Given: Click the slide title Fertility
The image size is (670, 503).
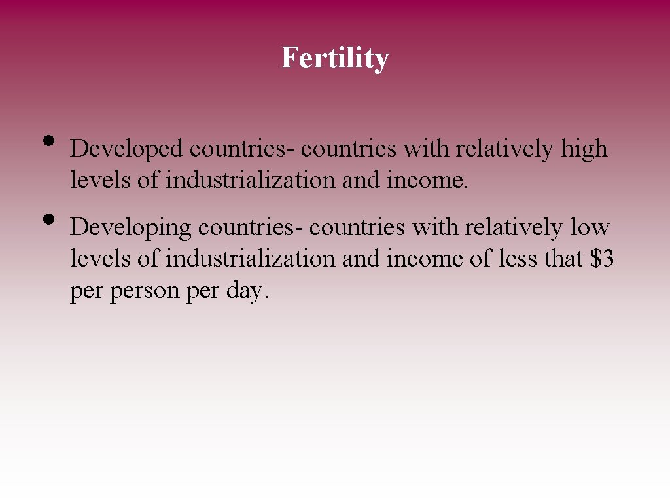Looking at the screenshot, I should tap(334, 58).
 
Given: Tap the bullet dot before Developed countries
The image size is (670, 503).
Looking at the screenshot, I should tap(48, 141).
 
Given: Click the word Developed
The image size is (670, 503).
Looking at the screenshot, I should tap(127, 149).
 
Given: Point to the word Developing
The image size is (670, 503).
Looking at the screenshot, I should tap(131, 228).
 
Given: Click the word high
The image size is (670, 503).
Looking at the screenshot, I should tap(584, 149).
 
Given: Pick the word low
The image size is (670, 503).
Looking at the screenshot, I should tap(590, 228).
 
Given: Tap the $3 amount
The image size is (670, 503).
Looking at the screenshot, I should tap(601, 259).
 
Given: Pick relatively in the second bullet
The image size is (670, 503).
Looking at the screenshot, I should tap(513, 228).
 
